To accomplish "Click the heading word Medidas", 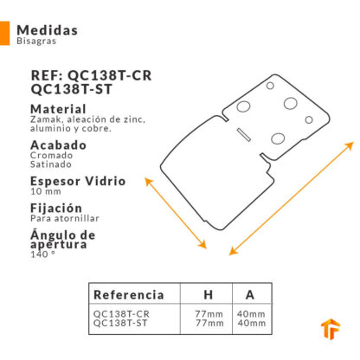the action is pyautogui.click(x=48, y=30).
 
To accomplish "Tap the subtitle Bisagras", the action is pyautogui.click(x=36, y=41).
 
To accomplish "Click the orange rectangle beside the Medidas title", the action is pyautogui.click(x=4, y=33).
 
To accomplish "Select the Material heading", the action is pyautogui.click(x=58, y=109).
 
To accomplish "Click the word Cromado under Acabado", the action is pyautogui.click(x=51, y=155).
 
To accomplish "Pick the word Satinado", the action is pyautogui.click(x=51, y=164).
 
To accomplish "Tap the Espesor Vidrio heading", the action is pyautogui.click(x=78, y=181).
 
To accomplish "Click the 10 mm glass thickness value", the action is pyautogui.click(x=46, y=191).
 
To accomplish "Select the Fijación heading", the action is pyautogui.click(x=56, y=208).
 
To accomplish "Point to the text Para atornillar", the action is pyautogui.click(x=65, y=218).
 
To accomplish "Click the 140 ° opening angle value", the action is pyautogui.click(x=42, y=254).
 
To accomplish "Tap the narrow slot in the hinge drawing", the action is pyautogui.click(x=244, y=135).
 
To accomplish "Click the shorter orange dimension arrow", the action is pyautogui.click(x=176, y=213).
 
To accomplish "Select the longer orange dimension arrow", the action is pyautogui.click(x=291, y=198).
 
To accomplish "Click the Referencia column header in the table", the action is pyautogui.click(x=129, y=294).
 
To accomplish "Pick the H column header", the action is pyautogui.click(x=209, y=295).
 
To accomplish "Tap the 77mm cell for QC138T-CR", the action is pyautogui.click(x=209, y=313).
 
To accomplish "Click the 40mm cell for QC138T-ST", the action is pyautogui.click(x=252, y=323).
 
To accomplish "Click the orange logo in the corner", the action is pyautogui.click(x=331, y=329).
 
